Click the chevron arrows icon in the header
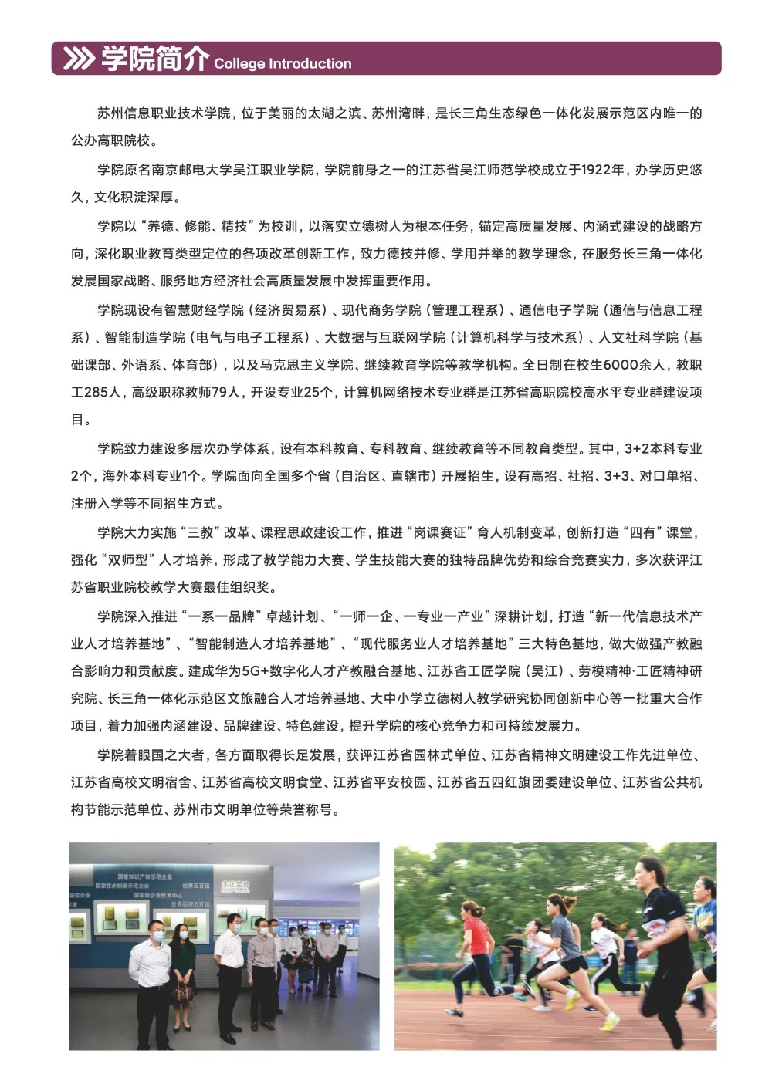pyautogui.click(x=78, y=59)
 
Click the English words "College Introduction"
pyautogui.click(x=283, y=64)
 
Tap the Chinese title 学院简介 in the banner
pyautogui.click(x=154, y=58)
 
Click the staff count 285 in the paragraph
pyautogui.click(x=96, y=393)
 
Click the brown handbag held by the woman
pyautogui.click(x=182, y=991)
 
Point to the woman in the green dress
pyautogui.click(x=183, y=964)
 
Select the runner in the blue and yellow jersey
pyautogui.click(x=705, y=934)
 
